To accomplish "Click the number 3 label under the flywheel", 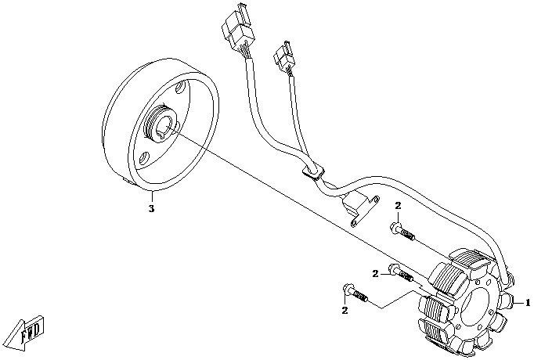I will click(x=152, y=209).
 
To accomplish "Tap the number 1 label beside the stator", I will click(x=528, y=301).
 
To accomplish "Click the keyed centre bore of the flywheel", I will click(x=167, y=125).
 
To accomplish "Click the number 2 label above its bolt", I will click(x=398, y=205).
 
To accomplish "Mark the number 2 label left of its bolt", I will click(x=376, y=273).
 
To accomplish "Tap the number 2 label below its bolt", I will click(x=344, y=311).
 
